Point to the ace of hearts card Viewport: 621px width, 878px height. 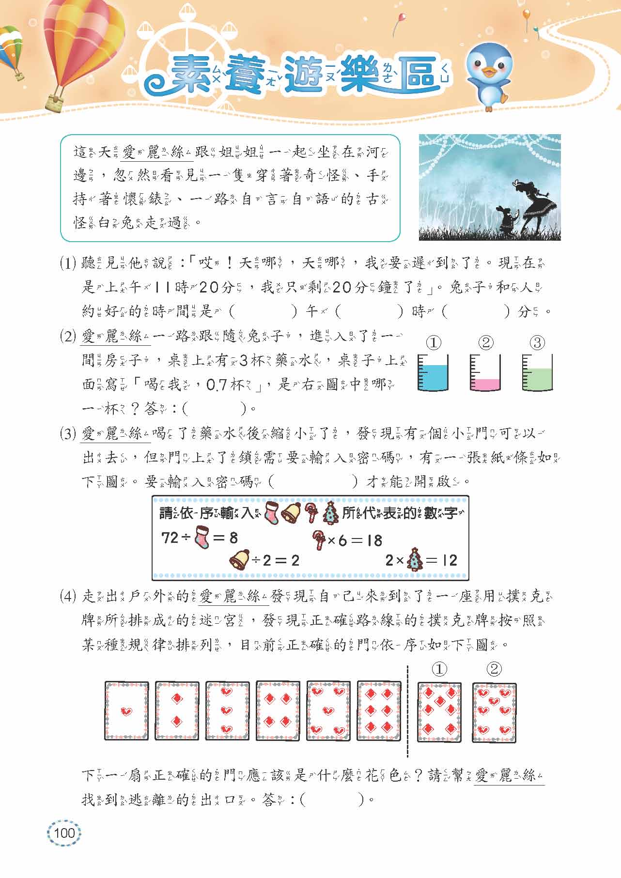(x=126, y=710)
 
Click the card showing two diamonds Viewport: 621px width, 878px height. (x=177, y=710)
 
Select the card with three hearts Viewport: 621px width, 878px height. (x=228, y=710)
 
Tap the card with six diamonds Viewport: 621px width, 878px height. (x=379, y=710)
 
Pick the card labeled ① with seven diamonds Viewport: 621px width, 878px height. (x=439, y=712)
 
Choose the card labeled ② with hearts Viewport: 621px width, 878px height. (x=494, y=712)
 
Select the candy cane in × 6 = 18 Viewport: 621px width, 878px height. (x=320, y=539)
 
